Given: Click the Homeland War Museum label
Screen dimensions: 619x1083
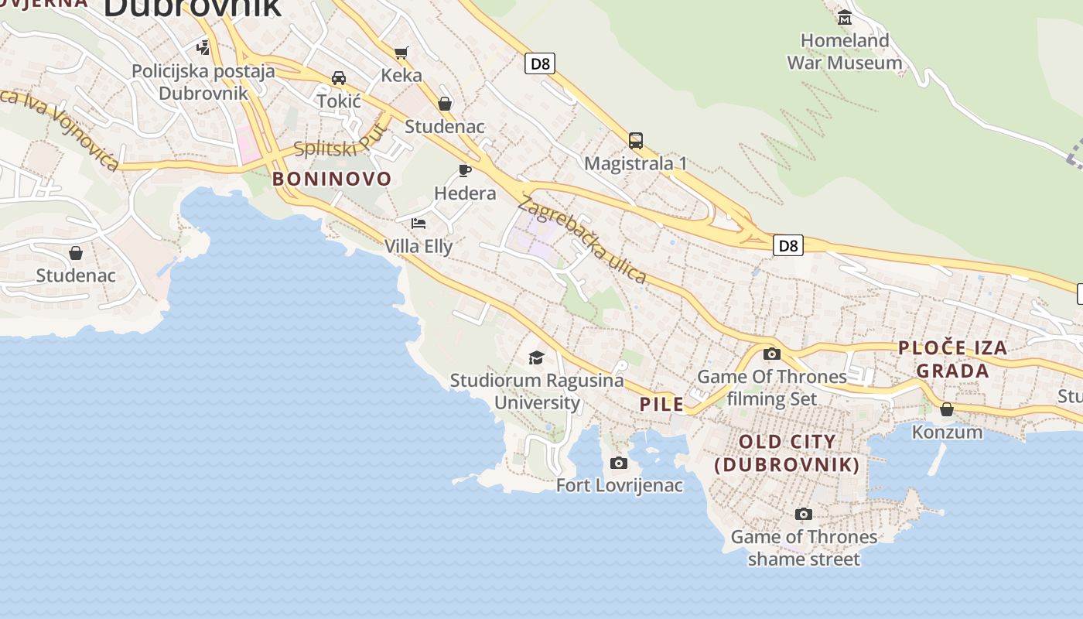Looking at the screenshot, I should point(844,51).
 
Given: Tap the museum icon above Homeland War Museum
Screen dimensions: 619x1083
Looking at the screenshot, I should point(845,17).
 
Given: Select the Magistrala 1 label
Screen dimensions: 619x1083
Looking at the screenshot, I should point(635,163).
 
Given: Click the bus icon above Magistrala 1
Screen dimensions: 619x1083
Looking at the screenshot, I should point(636,141).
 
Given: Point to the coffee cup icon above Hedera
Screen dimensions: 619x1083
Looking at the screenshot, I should point(465,170).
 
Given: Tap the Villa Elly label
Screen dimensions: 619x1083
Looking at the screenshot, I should point(419,246).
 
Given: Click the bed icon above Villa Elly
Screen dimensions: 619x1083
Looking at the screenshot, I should point(419,224).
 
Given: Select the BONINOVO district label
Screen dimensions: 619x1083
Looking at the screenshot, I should point(332,179).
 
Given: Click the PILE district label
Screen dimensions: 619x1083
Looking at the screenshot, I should point(661,403).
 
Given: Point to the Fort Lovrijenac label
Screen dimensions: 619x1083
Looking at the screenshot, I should point(620,485).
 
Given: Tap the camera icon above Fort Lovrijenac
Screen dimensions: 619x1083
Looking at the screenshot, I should point(618,463).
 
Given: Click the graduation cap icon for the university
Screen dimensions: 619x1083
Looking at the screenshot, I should point(536,357).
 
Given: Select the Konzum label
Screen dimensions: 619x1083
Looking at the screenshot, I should point(947,432).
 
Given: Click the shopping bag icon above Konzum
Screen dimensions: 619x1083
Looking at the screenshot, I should point(947,409).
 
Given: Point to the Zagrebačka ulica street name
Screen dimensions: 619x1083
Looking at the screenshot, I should point(582,239).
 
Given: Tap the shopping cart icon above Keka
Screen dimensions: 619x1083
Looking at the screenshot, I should point(401,53).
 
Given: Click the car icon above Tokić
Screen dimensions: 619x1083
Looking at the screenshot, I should point(339,77).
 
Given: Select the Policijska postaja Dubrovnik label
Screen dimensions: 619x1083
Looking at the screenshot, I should point(203,82).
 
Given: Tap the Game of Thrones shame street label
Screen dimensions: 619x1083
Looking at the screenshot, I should point(804,547).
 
